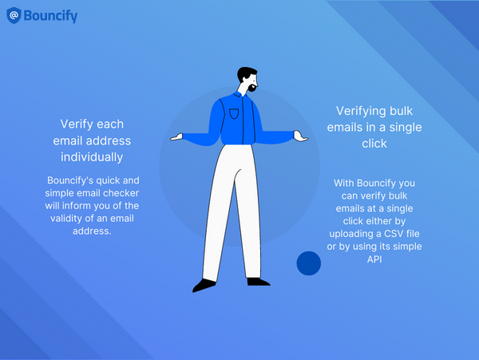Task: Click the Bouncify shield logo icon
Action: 14,15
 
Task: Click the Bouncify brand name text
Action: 51,15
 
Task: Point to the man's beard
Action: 253,84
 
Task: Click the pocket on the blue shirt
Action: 234,113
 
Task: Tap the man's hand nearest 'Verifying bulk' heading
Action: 300,136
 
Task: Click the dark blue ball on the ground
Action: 308,263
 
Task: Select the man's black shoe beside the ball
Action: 257,280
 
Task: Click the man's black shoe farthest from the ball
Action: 204,284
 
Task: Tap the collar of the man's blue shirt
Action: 240,94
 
